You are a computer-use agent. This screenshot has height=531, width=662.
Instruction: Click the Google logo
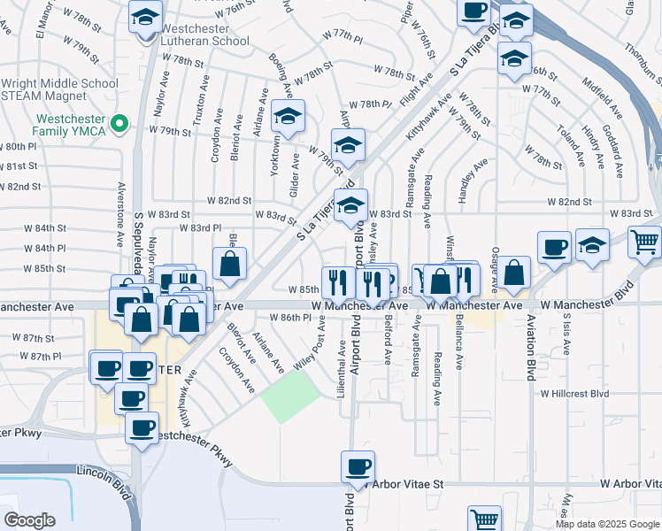pyautogui.click(x=29, y=519)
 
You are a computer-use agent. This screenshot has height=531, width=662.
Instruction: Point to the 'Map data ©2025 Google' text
pyautogui.click(x=606, y=524)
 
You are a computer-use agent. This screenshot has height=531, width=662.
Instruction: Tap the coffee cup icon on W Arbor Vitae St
pyautogui.click(x=358, y=467)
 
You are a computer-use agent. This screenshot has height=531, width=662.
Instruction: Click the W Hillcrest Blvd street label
pyautogui.click(x=575, y=392)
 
